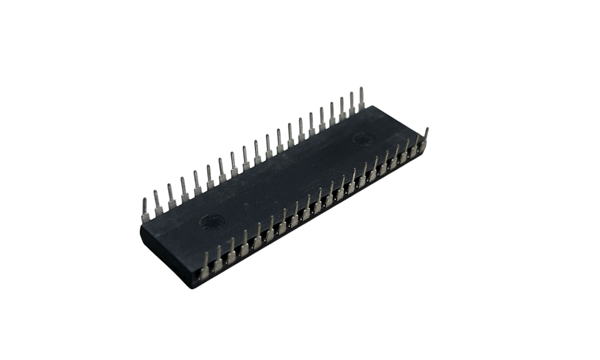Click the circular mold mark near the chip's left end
[x=212, y=222]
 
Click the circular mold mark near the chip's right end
[x=362, y=140]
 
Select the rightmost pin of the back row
[x=361, y=99]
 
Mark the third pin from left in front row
[x=232, y=250]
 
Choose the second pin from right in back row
[x=352, y=104]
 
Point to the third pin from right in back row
[x=342, y=109]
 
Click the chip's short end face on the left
[x=166, y=255]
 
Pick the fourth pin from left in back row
[x=184, y=189]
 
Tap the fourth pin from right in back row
[x=332, y=114]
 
